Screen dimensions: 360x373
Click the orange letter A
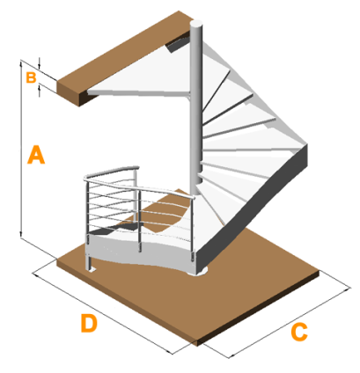[x=36, y=154]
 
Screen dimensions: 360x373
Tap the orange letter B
[x=31, y=77]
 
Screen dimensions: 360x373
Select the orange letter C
[x=299, y=332]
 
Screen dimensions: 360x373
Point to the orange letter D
[x=89, y=323]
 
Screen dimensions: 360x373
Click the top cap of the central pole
[x=195, y=24]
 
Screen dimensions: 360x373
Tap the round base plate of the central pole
[x=198, y=272]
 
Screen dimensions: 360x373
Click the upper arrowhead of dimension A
[x=21, y=64]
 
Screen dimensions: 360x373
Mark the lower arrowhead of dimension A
[x=21, y=233]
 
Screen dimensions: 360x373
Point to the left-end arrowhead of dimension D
[x=36, y=274]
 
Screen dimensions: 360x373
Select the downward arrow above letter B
[x=40, y=63]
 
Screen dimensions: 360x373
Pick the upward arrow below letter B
[x=40, y=91]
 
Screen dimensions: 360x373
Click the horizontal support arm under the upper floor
[x=138, y=93]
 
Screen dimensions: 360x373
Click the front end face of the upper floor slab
[x=69, y=93]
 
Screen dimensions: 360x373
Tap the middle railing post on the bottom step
[x=139, y=221]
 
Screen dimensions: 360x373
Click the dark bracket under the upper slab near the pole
[x=177, y=43]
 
